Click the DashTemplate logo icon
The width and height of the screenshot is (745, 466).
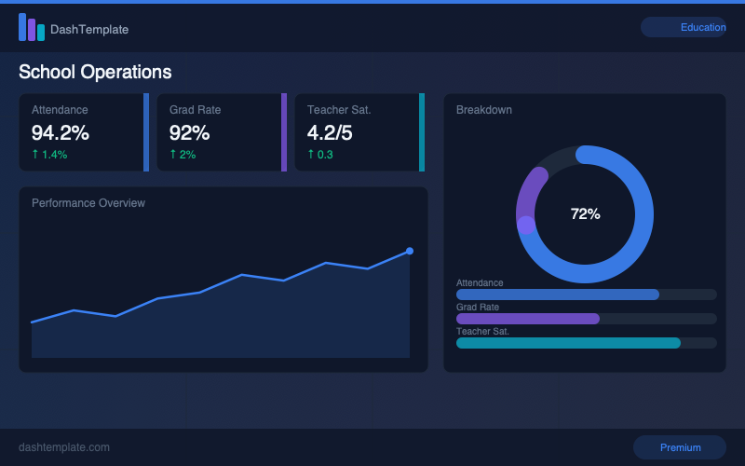pos(31,28)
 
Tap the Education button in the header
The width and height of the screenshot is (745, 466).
pos(684,27)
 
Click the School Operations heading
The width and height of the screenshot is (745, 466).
pos(95,72)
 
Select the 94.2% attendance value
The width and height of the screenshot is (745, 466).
pos(61,132)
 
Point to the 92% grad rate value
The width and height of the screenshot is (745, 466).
pos(190,132)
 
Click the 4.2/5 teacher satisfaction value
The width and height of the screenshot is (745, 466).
pos(330,132)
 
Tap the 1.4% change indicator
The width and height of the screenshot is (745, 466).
pos(49,155)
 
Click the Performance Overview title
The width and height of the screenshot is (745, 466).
pos(88,203)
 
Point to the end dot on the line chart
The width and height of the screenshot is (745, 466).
pos(409,251)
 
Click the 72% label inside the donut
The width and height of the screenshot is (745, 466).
pos(585,214)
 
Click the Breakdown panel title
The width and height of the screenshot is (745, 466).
pos(483,110)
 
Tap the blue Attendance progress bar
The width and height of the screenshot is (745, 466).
pos(557,295)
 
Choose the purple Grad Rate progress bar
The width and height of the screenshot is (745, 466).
pos(527,319)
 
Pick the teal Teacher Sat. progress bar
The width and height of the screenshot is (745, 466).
pos(568,343)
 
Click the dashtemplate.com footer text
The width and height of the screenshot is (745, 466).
pos(64,447)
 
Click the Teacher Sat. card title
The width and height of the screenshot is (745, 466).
pos(339,110)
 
